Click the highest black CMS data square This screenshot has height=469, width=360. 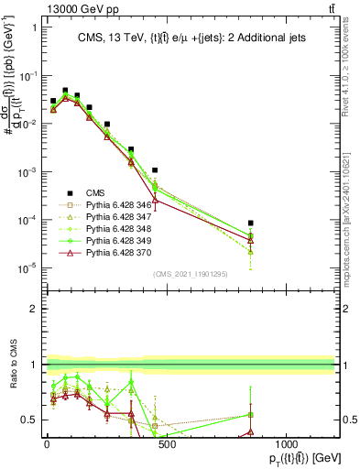65,91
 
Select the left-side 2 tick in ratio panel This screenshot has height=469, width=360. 31,309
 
